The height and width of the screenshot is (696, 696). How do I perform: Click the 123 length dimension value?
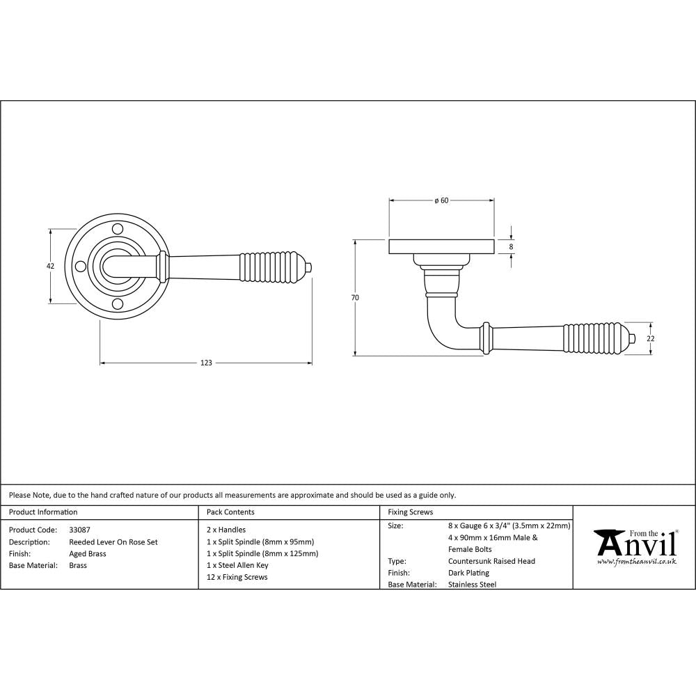point(206,363)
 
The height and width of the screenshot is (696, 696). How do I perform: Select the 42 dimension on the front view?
point(50,265)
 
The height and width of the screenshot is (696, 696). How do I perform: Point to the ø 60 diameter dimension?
point(441,200)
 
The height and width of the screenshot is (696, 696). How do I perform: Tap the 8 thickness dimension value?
point(512,246)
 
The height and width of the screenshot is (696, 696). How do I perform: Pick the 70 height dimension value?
point(355,298)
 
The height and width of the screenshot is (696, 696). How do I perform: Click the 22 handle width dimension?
point(651,339)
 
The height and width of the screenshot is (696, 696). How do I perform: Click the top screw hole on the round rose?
point(118,228)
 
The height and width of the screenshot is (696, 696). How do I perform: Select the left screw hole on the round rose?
point(81,266)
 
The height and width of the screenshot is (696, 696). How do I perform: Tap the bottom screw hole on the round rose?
point(118,305)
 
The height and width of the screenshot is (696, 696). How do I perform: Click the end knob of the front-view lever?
point(310,267)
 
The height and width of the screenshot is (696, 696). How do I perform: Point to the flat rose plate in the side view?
point(441,247)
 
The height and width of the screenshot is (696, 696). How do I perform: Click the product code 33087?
point(79,530)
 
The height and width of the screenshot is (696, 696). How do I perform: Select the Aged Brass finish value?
point(88,553)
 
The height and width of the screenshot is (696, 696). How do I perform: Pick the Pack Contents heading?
point(231,512)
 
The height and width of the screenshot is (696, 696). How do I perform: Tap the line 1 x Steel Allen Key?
point(237,565)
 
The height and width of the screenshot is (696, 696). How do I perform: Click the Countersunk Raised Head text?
point(491,561)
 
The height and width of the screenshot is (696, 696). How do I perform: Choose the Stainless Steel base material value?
point(473,585)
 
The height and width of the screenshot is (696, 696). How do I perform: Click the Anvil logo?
point(635,544)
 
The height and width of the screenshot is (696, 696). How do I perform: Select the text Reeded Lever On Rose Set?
point(113,541)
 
